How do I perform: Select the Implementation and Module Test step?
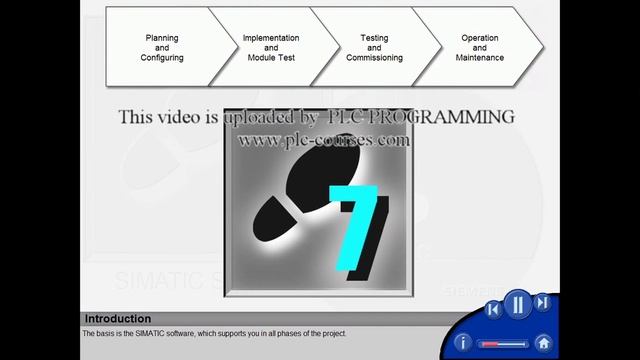(x=271, y=48)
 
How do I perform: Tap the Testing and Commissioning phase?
(x=374, y=48)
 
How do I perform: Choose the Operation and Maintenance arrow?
(x=480, y=48)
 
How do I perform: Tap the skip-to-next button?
(x=542, y=303)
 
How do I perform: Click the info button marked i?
(x=462, y=342)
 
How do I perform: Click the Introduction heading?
(x=118, y=319)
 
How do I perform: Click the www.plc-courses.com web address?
(x=323, y=140)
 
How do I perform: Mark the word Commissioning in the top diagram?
(x=374, y=58)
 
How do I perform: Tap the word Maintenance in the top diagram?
(x=480, y=58)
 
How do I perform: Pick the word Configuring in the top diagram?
(x=162, y=58)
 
